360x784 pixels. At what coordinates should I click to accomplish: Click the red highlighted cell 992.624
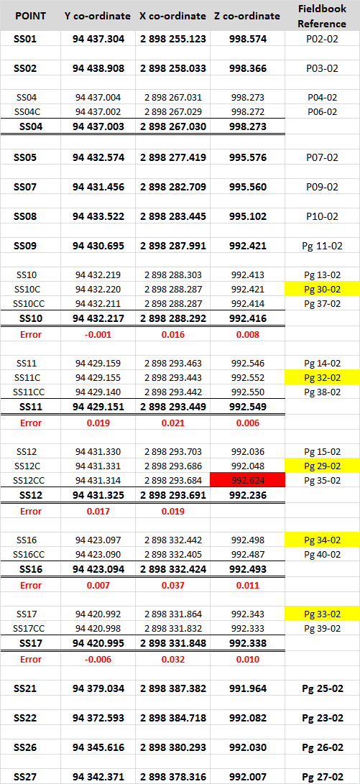[x=247, y=481]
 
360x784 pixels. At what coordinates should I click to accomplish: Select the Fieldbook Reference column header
[x=323, y=16]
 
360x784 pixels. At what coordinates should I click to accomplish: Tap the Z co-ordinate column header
[x=247, y=16]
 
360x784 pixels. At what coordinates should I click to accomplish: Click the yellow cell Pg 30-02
[x=323, y=289]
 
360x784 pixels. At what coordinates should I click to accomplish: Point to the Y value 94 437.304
[x=98, y=39]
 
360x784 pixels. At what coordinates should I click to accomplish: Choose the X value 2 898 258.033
[x=173, y=68]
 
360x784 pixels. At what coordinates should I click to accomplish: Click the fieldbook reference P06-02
[x=323, y=112]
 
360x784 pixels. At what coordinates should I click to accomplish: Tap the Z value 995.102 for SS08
[x=248, y=216]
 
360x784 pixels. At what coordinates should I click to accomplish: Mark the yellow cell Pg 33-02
[x=323, y=613]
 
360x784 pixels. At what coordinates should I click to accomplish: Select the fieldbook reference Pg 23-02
[x=323, y=718]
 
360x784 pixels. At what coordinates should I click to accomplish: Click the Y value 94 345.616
[x=98, y=747]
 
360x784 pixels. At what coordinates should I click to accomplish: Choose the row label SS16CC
[x=30, y=555]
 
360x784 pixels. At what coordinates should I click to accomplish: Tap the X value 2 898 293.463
[x=173, y=363]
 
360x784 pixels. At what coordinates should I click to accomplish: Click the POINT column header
[x=30, y=16]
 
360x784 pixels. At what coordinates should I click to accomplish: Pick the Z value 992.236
[x=248, y=496]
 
